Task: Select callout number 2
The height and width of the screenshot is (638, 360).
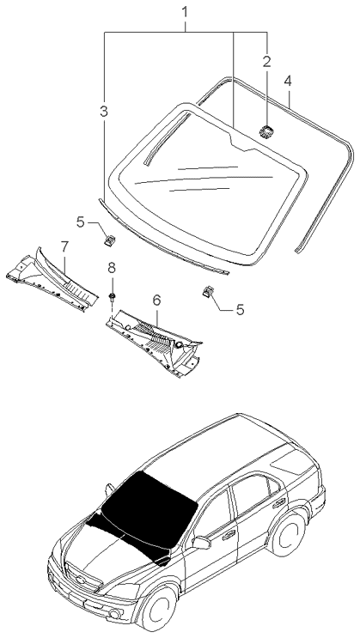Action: (266, 61)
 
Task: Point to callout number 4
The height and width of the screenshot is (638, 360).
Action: (289, 81)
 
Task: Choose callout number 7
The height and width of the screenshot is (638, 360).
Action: (64, 246)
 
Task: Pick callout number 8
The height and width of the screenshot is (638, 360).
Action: (111, 269)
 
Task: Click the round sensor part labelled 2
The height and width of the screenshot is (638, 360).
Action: (265, 131)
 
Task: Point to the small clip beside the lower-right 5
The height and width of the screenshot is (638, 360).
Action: (208, 292)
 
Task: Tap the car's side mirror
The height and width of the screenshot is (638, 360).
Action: (203, 543)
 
